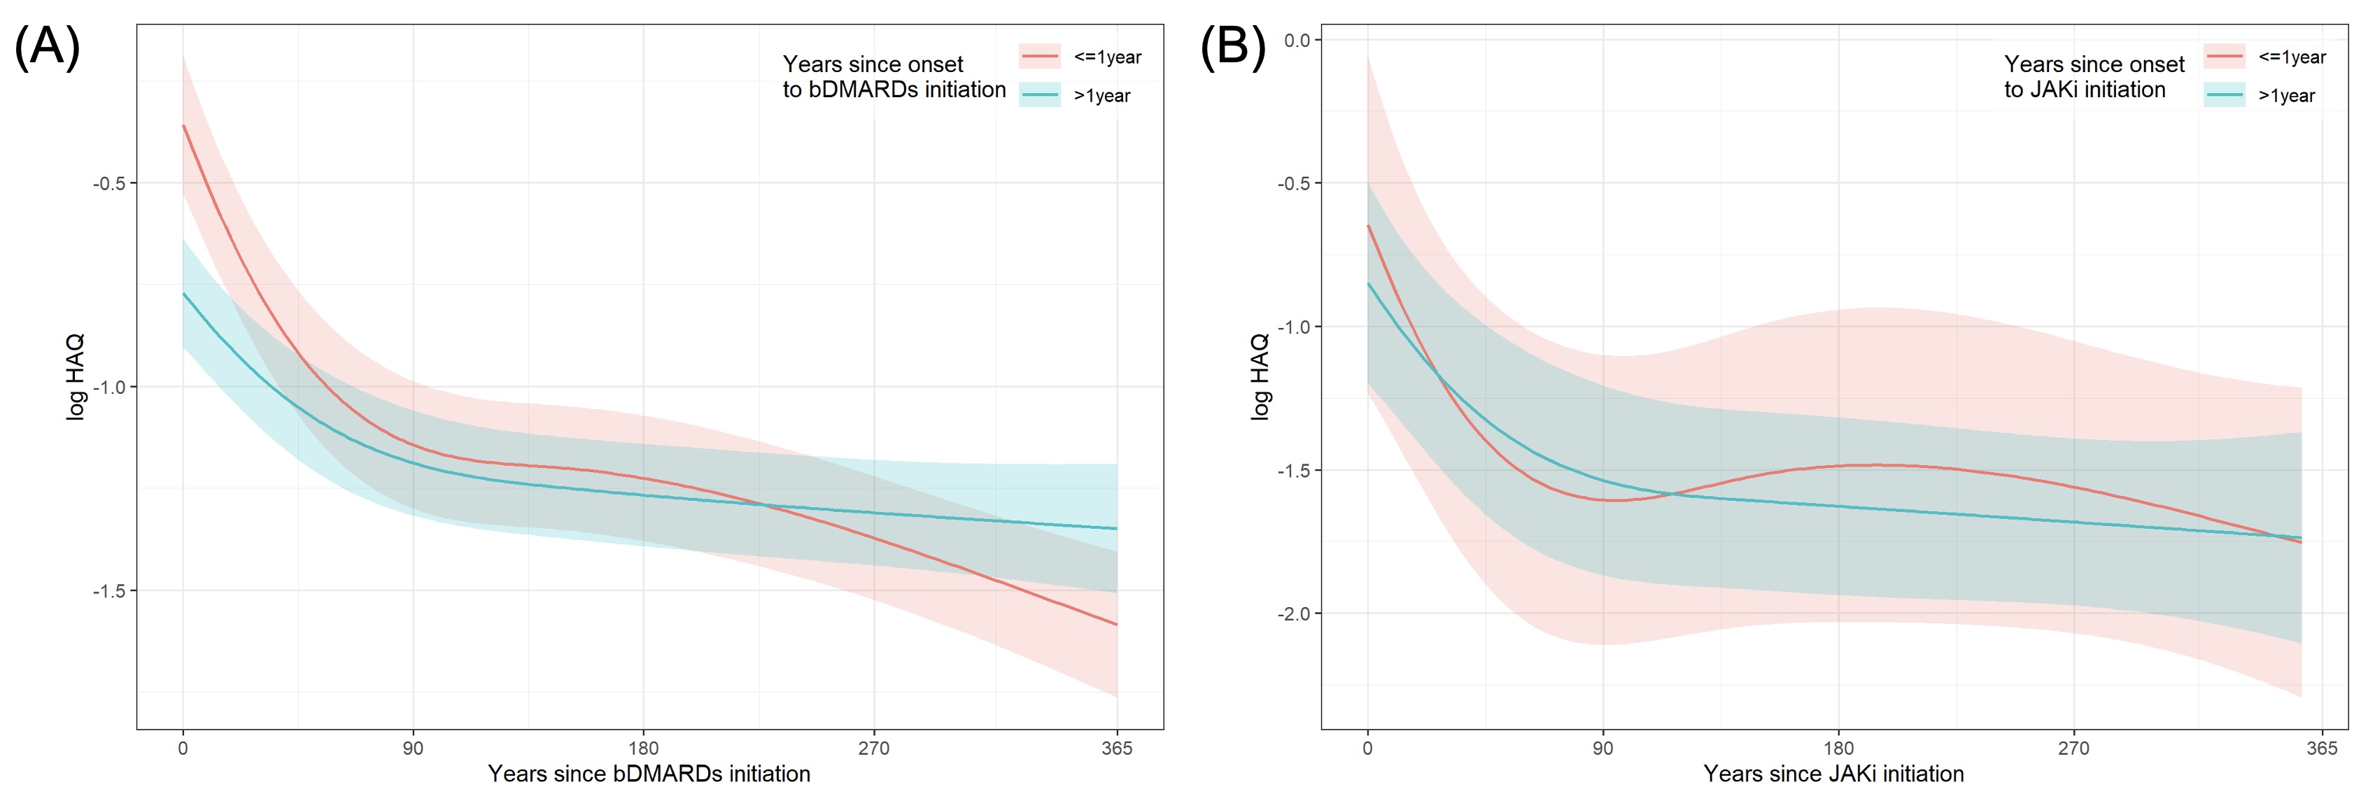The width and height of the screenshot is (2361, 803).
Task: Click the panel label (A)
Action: [x=48, y=47]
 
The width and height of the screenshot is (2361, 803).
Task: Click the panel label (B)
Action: [x=1233, y=47]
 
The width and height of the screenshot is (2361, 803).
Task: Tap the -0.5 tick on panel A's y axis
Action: [x=109, y=183]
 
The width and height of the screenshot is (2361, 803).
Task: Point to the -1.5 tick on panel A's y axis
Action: [x=109, y=591]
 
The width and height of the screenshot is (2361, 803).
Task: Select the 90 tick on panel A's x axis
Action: [x=414, y=748]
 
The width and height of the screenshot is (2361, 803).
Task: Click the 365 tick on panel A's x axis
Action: [x=1116, y=748]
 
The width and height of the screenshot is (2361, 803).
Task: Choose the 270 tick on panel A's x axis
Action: [x=873, y=748]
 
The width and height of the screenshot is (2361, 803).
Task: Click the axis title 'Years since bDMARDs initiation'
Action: [x=649, y=774]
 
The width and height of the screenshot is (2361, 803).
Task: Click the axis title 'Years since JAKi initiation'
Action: [x=1833, y=774]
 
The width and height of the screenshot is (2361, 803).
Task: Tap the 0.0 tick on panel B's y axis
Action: [x=1297, y=41]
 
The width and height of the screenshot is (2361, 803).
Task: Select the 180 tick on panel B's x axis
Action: [x=1838, y=748]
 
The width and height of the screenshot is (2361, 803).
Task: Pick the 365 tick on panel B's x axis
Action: [x=2322, y=748]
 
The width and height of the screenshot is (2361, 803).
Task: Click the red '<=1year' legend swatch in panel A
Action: [x=1039, y=57]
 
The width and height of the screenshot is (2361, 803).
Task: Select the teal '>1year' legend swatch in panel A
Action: [x=1039, y=95]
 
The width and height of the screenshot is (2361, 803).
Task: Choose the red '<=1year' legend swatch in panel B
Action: [x=2225, y=57]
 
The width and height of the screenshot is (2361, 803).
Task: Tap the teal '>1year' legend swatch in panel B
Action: [x=2225, y=95]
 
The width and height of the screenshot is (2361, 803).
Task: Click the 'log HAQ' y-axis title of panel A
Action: [x=75, y=377]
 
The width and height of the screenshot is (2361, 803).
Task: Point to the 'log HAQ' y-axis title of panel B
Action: [x=1260, y=377]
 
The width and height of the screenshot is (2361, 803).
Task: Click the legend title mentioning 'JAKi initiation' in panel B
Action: [x=2094, y=77]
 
